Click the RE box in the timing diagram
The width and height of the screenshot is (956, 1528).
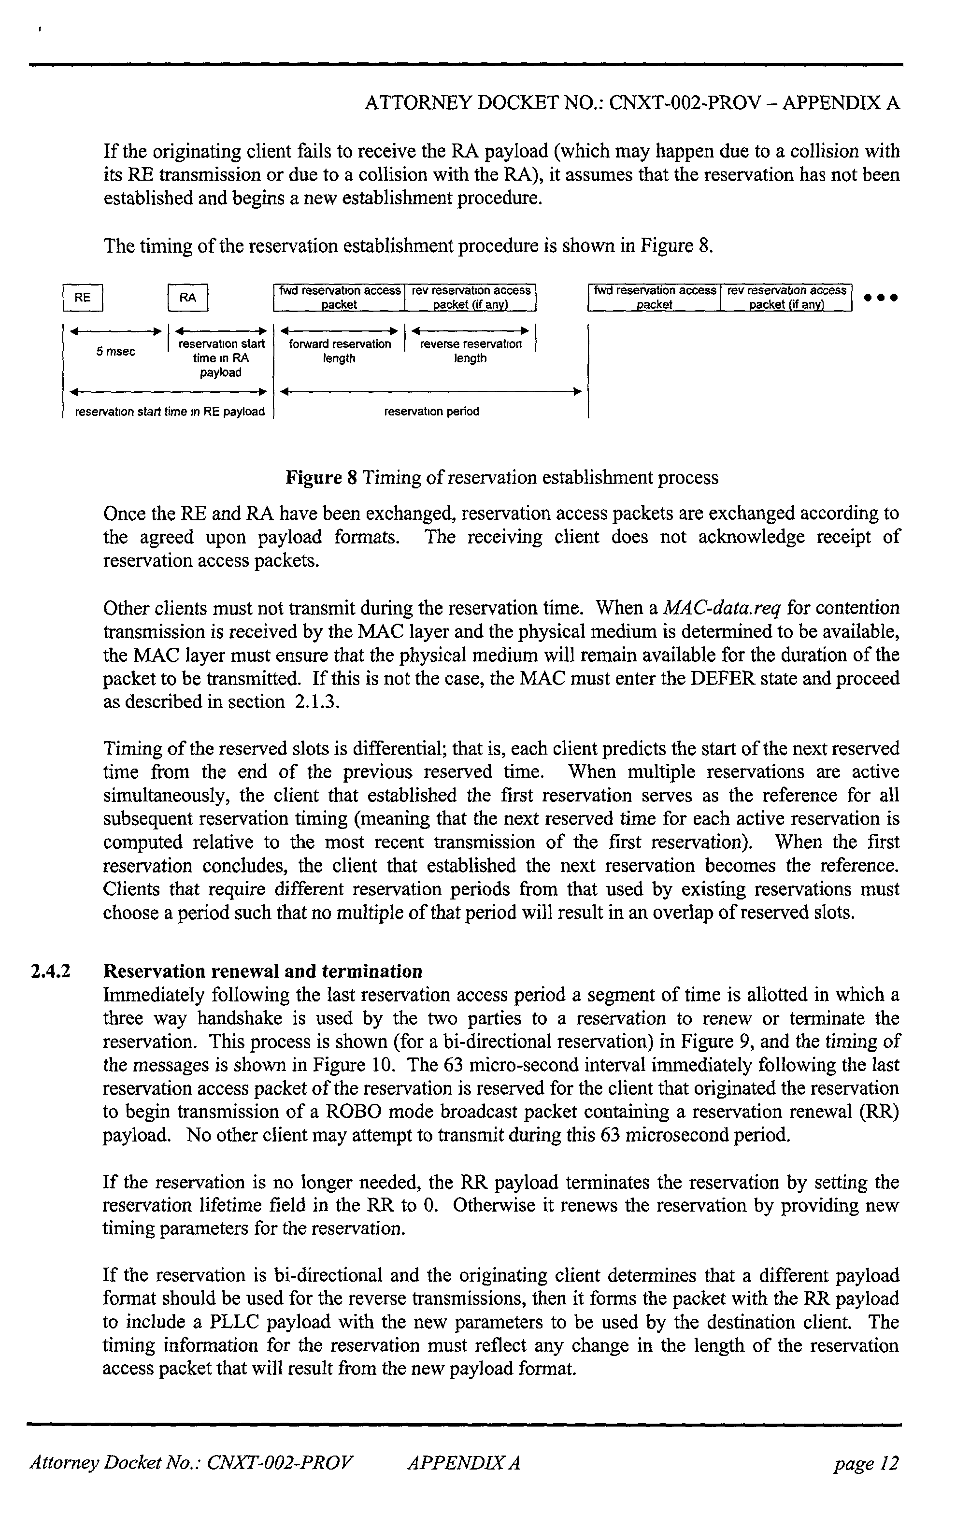(x=83, y=298)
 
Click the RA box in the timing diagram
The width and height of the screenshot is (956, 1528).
(x=188, y=298)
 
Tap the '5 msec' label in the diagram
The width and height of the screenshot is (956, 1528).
(x=116, y=352)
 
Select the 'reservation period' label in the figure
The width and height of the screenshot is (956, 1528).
(x=432, y=412)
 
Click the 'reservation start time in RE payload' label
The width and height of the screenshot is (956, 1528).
(x=170, y=412)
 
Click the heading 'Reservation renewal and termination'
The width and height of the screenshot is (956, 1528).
(x=262, y=971)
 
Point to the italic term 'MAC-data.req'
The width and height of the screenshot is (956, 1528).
(x=721, y=608)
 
